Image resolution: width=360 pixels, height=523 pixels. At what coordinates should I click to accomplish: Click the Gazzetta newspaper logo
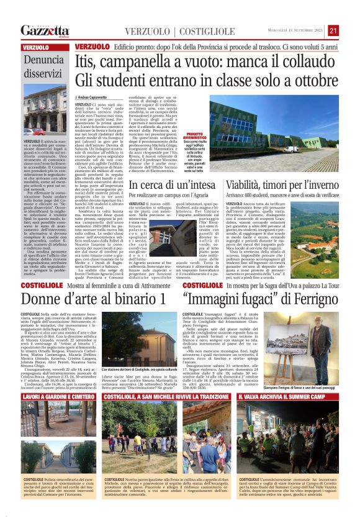(45, 30)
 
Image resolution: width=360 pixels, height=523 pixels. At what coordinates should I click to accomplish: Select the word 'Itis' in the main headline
(86, 61)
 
